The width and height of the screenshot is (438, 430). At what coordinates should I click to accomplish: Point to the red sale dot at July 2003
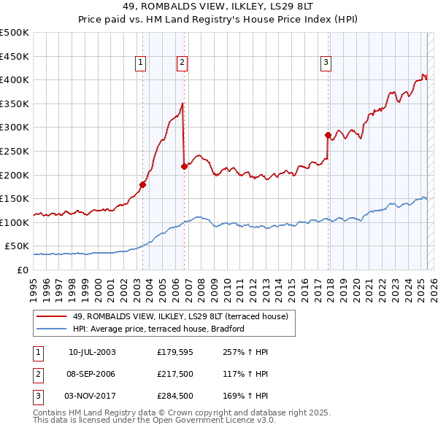coord(142,184)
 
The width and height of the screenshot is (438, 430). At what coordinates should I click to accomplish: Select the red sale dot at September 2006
coord(184,166)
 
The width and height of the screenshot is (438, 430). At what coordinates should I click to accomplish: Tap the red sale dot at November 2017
coord(328,135)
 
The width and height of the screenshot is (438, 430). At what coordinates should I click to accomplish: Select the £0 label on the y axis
coord(23,270)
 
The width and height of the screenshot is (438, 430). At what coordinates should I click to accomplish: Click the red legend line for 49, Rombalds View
coord(51,316)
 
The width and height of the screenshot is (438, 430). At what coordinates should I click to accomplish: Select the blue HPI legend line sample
coord(51,329)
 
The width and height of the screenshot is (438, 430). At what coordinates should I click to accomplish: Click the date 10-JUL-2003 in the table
coord(92,352)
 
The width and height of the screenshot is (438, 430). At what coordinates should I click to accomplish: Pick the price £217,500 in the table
coord(174,374)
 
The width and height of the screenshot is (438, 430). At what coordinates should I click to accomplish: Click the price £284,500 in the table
coord(174,396)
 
